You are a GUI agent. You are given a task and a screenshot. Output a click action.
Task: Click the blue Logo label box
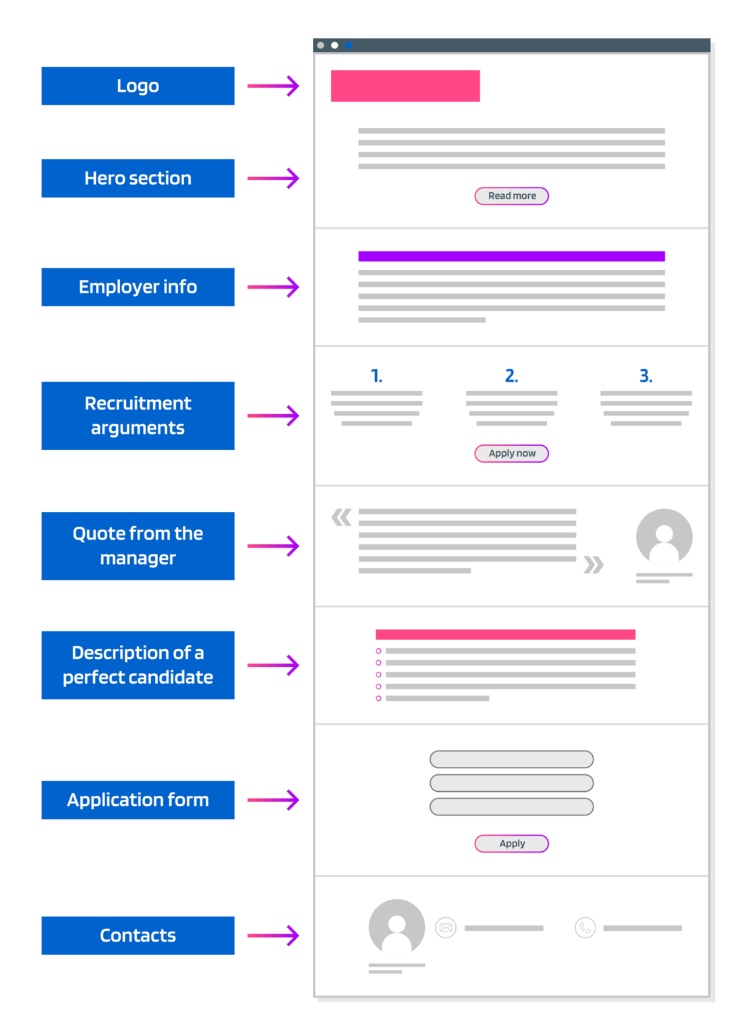(138, 86)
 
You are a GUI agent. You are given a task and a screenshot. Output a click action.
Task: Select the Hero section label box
(138, 178)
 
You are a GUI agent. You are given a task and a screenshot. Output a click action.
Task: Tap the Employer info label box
(138, 287)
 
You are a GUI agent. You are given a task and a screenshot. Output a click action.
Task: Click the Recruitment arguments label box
(138, 415)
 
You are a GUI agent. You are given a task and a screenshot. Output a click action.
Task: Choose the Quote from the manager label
(138, 546)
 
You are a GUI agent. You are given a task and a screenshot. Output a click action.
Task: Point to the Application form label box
(138, 800)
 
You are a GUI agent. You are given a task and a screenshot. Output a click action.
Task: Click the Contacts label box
(138, 935)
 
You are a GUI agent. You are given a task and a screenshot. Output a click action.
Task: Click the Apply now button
(511, 453)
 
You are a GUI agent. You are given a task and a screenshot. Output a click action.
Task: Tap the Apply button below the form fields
(511, 843)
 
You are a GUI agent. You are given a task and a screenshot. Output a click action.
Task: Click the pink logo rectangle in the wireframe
(405, 86)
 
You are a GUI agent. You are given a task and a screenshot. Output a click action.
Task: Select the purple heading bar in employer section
(511, 256)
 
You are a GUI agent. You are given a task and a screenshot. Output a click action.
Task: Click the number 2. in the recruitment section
(511, 376)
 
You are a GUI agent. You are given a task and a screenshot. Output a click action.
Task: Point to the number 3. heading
(645, 376)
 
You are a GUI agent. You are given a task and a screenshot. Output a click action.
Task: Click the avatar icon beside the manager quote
(664, 537)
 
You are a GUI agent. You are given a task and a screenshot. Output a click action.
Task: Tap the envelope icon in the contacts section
(446, 927)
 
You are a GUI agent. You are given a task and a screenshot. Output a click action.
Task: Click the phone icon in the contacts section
(585, 927)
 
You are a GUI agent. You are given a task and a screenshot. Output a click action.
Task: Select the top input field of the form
(511, 759)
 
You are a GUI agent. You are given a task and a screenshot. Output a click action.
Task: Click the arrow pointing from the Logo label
(273, 86)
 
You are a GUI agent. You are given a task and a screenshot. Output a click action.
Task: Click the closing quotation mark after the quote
(593, 565)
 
